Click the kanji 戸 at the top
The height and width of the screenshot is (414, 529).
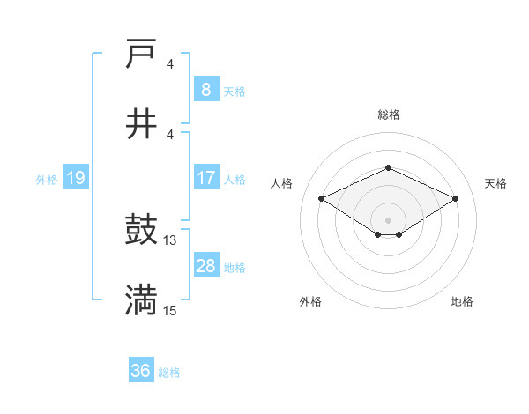(141, 55)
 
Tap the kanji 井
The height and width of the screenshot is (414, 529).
(141, 124)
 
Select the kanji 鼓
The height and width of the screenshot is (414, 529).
(141, 232)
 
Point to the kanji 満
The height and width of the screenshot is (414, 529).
(141, 300)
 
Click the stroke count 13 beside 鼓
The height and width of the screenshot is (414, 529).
(170, 240)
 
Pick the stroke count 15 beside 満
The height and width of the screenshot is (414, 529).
(170, 310)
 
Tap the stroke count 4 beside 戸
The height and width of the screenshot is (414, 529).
(170, 64)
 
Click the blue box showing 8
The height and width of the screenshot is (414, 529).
(205, 90)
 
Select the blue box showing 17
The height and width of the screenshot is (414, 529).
(205, 178)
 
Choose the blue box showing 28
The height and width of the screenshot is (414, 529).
(205, 266)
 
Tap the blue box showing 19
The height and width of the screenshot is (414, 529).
(75, 179)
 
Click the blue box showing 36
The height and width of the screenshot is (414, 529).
(140, 371)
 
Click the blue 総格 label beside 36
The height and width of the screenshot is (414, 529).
(169, 373)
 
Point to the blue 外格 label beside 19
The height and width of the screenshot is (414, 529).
(47, 180)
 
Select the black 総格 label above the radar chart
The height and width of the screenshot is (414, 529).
(388, 115)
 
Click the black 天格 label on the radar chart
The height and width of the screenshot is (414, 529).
(495, 183)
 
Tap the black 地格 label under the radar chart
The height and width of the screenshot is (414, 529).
(462, 302)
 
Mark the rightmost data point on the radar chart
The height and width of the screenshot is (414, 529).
(456, 199)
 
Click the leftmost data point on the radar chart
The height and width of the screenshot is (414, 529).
(321, 198)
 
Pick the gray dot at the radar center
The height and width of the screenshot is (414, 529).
(388, 219)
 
